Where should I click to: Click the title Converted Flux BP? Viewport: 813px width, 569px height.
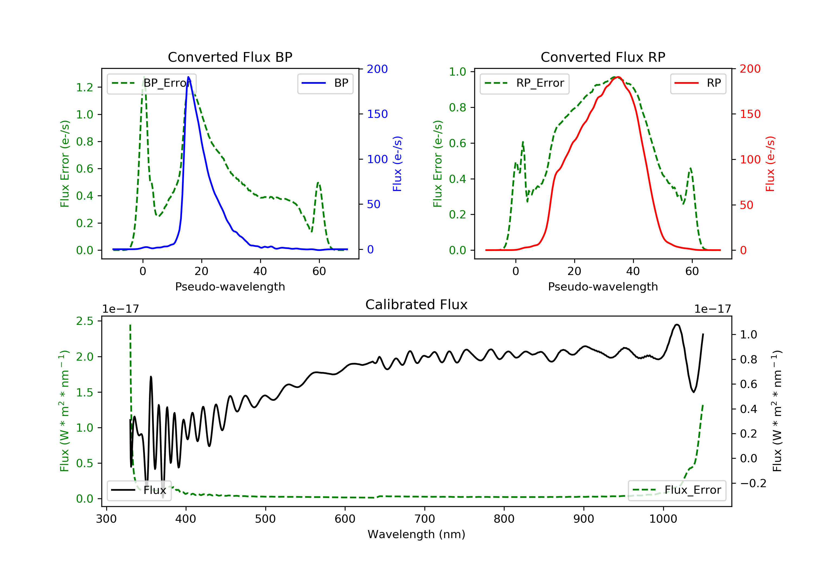[x=230, y=57]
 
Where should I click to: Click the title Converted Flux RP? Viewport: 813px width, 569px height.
[x=603, y=57]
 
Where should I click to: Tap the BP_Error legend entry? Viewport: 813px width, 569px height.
[x=151, y=83]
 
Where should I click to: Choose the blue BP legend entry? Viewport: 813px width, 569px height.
[x=325, y=83]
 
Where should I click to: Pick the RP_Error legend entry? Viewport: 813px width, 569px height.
[x=524, y=83]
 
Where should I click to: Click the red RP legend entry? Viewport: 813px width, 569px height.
[x=698, y=83]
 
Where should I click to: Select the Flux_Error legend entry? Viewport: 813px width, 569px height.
[x=677, y=490]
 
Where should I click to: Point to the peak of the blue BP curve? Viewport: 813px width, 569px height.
[x=188, y=77]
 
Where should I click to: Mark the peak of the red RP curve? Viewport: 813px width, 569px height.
[x=618, y=77]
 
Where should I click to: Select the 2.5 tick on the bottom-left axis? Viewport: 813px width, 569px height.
[x=85, y=321]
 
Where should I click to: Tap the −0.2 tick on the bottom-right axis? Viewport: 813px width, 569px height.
[x=753, y=483]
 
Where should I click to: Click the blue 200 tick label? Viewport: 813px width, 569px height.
[x=377, y=69]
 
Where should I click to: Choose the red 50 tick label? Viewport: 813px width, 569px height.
[x=746, y=205]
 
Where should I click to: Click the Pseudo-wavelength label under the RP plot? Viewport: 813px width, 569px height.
[x=603, y=286]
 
